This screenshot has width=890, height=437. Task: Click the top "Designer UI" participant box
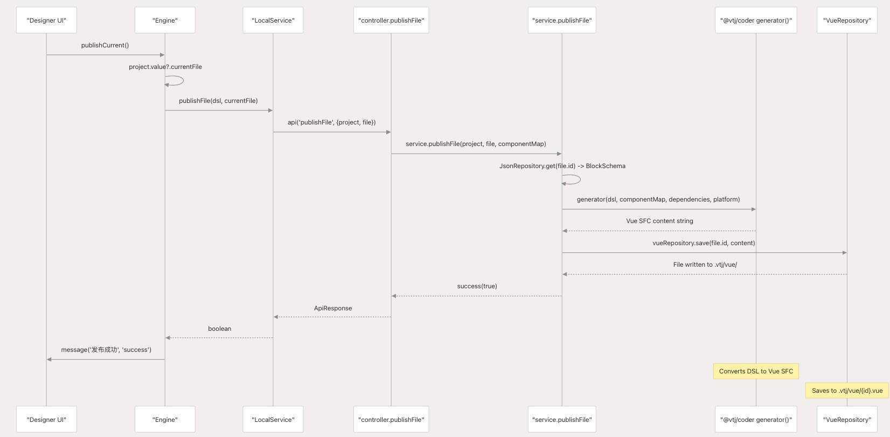coord(46,20)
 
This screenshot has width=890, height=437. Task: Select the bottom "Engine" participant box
coord(165,419)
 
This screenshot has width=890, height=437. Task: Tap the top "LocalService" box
coord(273,20)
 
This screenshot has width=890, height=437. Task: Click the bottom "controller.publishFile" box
coord(391,419)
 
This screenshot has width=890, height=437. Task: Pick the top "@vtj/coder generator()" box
coord(756,20)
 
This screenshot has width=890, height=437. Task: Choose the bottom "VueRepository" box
coord(847,419)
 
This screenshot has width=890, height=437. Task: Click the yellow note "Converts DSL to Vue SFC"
coord(756,371)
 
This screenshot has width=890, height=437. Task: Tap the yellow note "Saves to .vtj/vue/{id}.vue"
coord(847,391)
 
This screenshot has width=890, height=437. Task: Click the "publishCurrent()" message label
coord(105,45)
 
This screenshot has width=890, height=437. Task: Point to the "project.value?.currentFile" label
coord(165,67)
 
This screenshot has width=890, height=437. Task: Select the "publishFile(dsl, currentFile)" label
coord(218,101)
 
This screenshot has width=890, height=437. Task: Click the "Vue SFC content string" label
coord(659,221)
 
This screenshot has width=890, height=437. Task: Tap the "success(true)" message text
coord(477,286)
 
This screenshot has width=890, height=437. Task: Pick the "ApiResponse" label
coord(333,308)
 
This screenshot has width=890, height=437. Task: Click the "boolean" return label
coord(219,329)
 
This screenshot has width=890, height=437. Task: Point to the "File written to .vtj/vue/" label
coord(705,265)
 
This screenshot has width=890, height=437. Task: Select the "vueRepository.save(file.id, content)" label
coord(704,243)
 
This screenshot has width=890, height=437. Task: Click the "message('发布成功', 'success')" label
coord(106,350)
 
